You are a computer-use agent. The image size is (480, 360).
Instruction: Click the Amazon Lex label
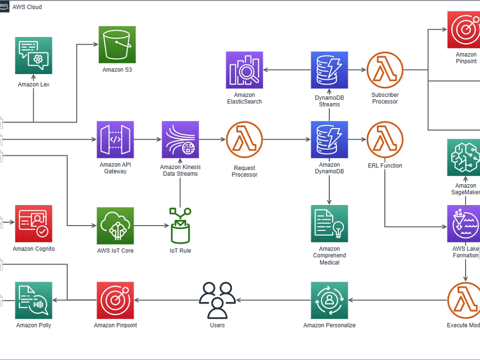coord(34,84)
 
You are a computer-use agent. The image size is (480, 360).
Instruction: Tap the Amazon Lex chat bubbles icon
coord(34,55)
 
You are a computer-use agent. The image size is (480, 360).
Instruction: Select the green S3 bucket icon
coord(117,44)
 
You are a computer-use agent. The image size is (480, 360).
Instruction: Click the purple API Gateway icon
coord(115,140)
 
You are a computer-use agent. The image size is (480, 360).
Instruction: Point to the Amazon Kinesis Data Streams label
coord(180,170)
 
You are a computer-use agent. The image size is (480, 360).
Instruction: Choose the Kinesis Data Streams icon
coord(180,140)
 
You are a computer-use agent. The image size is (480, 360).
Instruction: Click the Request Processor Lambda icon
coord(244,140)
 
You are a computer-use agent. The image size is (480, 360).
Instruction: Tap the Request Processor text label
coord(244,171)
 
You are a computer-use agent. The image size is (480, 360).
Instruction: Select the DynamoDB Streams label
coord(329,101)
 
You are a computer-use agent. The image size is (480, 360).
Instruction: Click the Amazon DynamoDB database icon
coord(329,140)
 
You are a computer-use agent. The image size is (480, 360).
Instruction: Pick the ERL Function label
coord(385,166)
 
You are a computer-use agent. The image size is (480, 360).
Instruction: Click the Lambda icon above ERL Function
coord(385,140)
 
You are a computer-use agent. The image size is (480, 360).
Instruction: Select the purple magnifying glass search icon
coord(244,70)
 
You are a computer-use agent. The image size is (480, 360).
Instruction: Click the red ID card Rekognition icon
coord(34,223)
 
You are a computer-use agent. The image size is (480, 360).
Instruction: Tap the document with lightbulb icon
coord(329,223)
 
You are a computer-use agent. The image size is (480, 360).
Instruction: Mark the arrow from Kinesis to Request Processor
coord(212,140)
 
